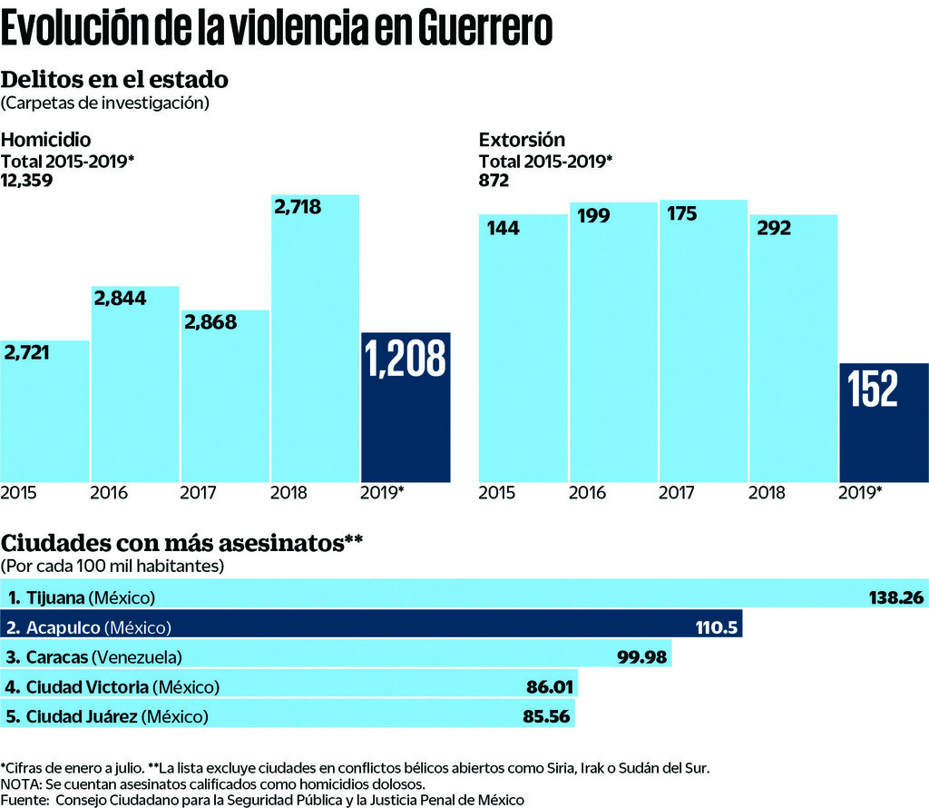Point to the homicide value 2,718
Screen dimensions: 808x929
point(298,206)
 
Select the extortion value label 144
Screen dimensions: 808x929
point(504,227)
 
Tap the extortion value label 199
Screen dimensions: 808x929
point(593,216)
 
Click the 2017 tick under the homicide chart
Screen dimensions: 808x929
point(198,494)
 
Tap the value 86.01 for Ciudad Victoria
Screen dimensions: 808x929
point(548,686)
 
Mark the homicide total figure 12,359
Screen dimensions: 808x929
point(27,180)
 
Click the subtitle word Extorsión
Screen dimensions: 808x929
point(522,140)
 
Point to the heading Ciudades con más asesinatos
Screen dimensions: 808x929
point(182,543)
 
